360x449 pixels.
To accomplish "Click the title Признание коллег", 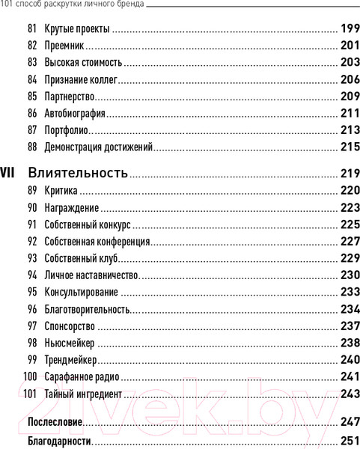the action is (x=82, y=79).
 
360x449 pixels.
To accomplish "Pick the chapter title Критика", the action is (x=61, y=190).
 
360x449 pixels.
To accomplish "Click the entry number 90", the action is (x=31, y=207).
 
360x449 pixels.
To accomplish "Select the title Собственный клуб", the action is (x=82, y=257).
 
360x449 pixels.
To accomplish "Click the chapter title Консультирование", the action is (x=81, y=291).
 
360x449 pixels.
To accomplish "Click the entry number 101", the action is (x=30, y=392).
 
